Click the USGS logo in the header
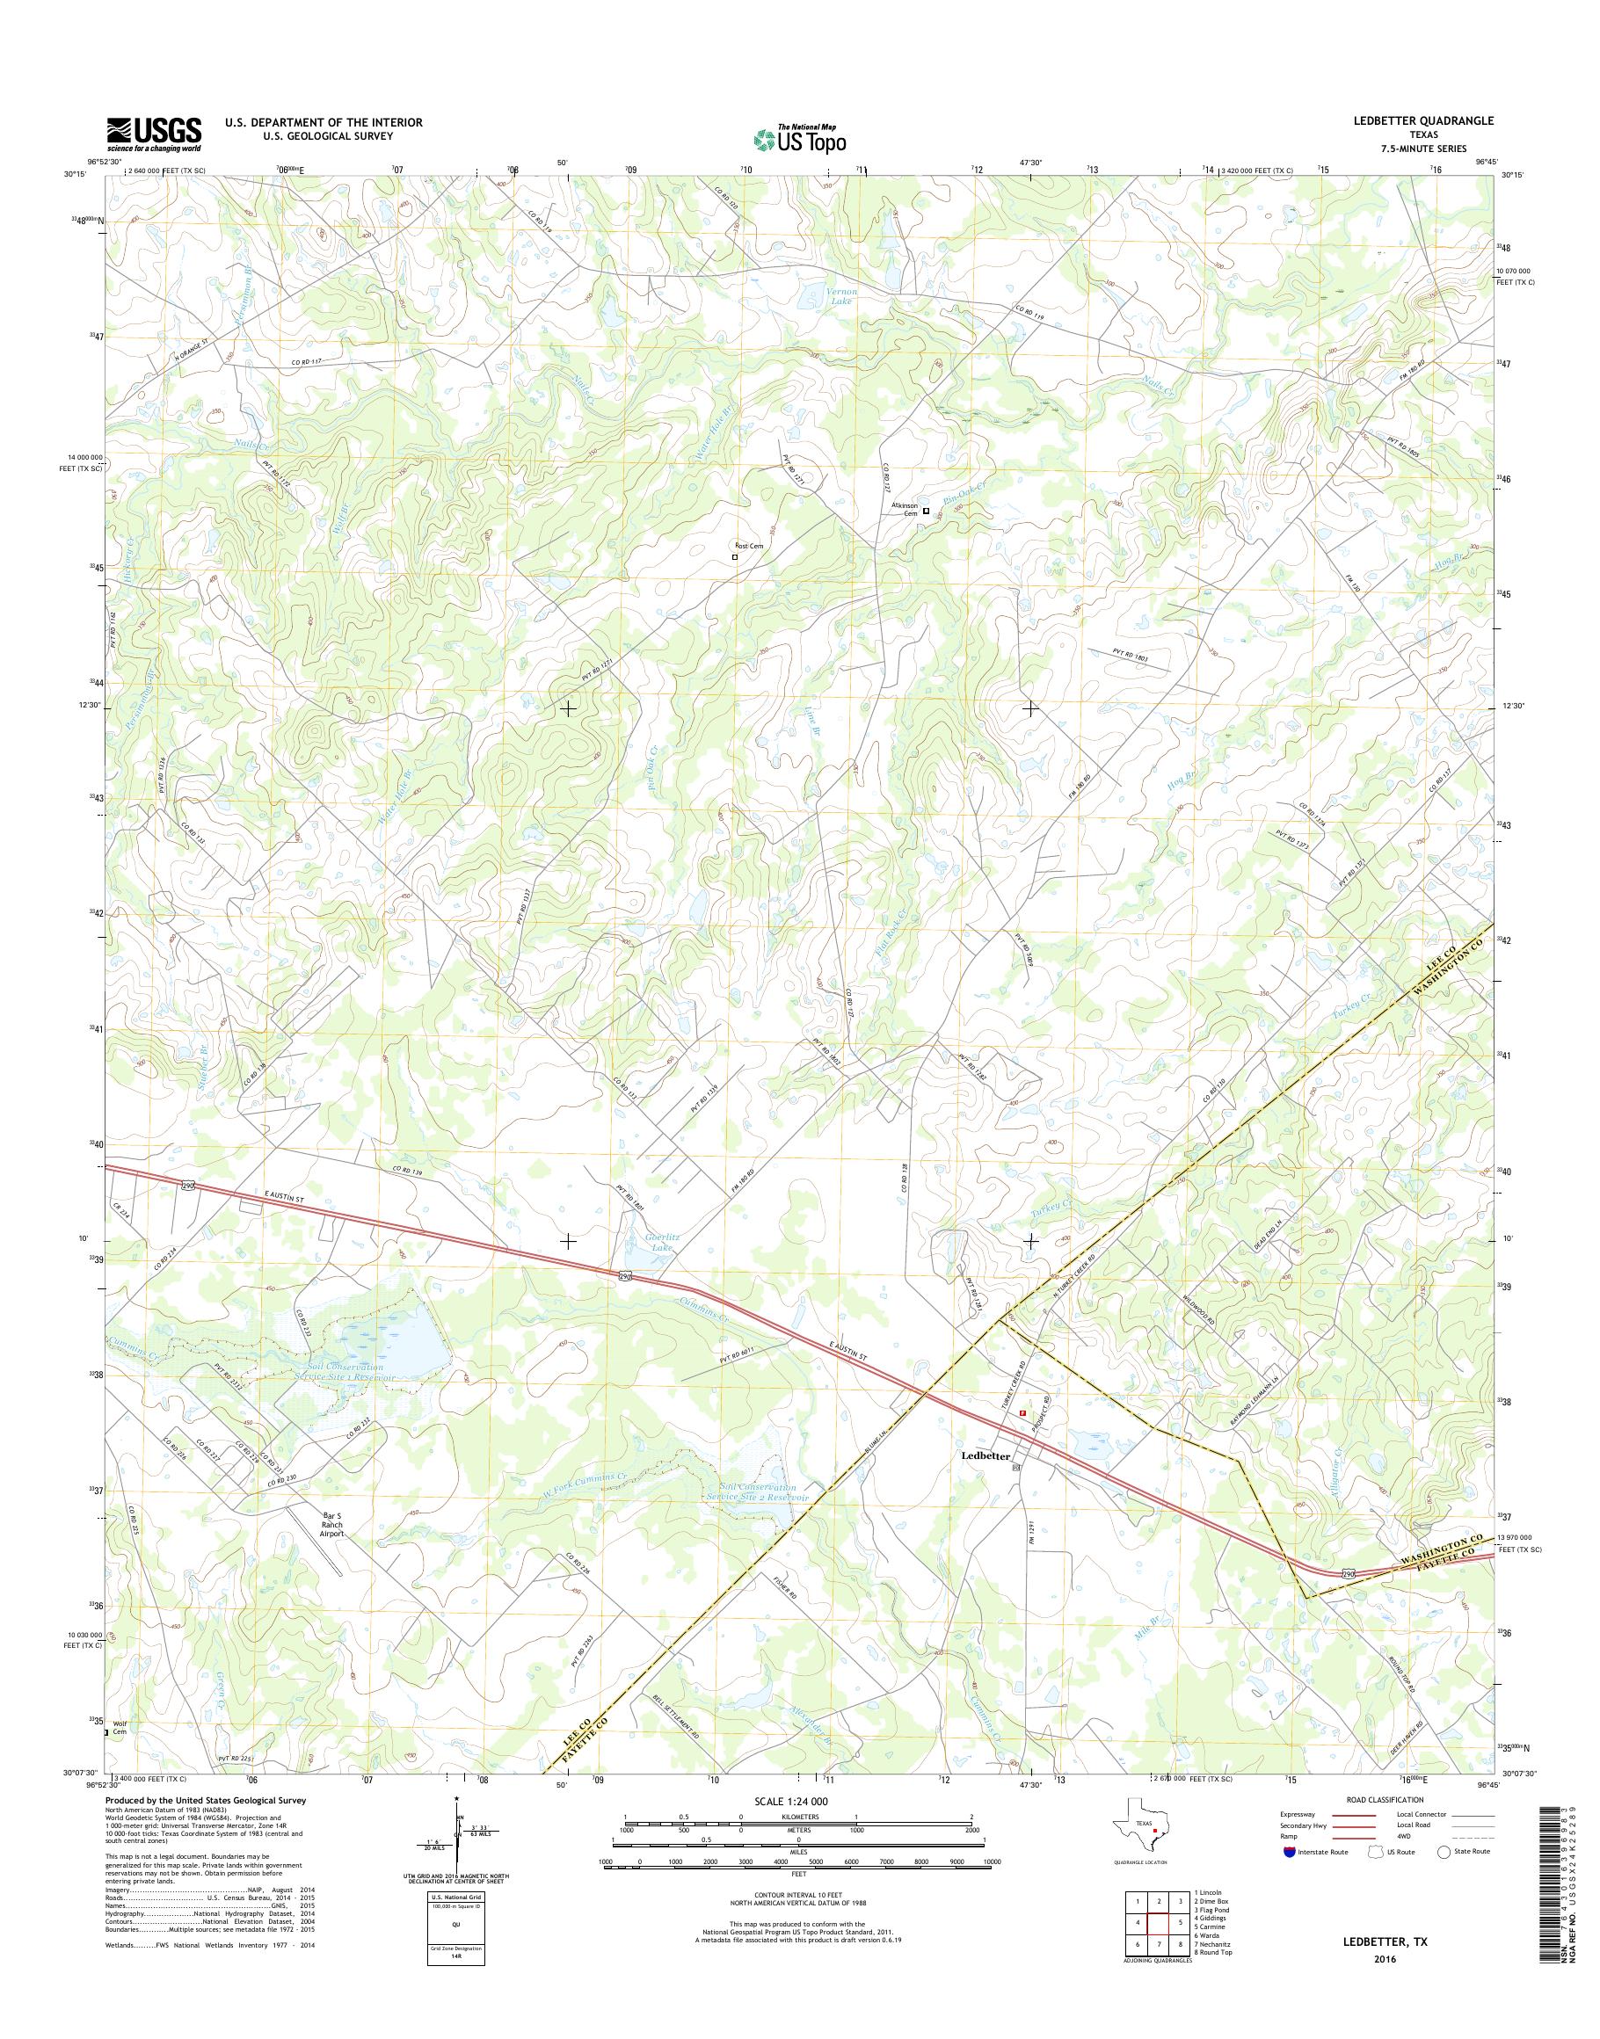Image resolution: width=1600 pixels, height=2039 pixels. click(154, 134)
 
